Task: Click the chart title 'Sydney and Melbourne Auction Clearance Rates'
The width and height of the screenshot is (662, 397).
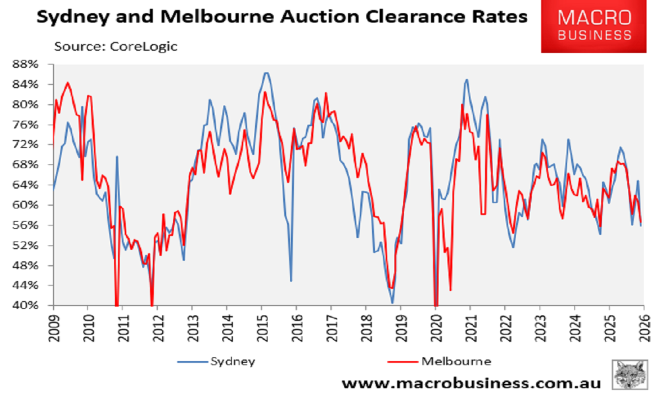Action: [281, 18]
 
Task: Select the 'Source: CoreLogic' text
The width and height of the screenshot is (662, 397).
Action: [115, 46]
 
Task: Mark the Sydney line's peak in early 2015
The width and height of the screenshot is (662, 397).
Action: [266, 73]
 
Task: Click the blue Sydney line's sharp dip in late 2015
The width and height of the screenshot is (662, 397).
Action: [291, 281]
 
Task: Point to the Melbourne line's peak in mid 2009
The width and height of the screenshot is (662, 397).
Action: [67, 83]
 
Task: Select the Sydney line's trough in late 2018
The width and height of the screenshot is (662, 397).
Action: [392, 303]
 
